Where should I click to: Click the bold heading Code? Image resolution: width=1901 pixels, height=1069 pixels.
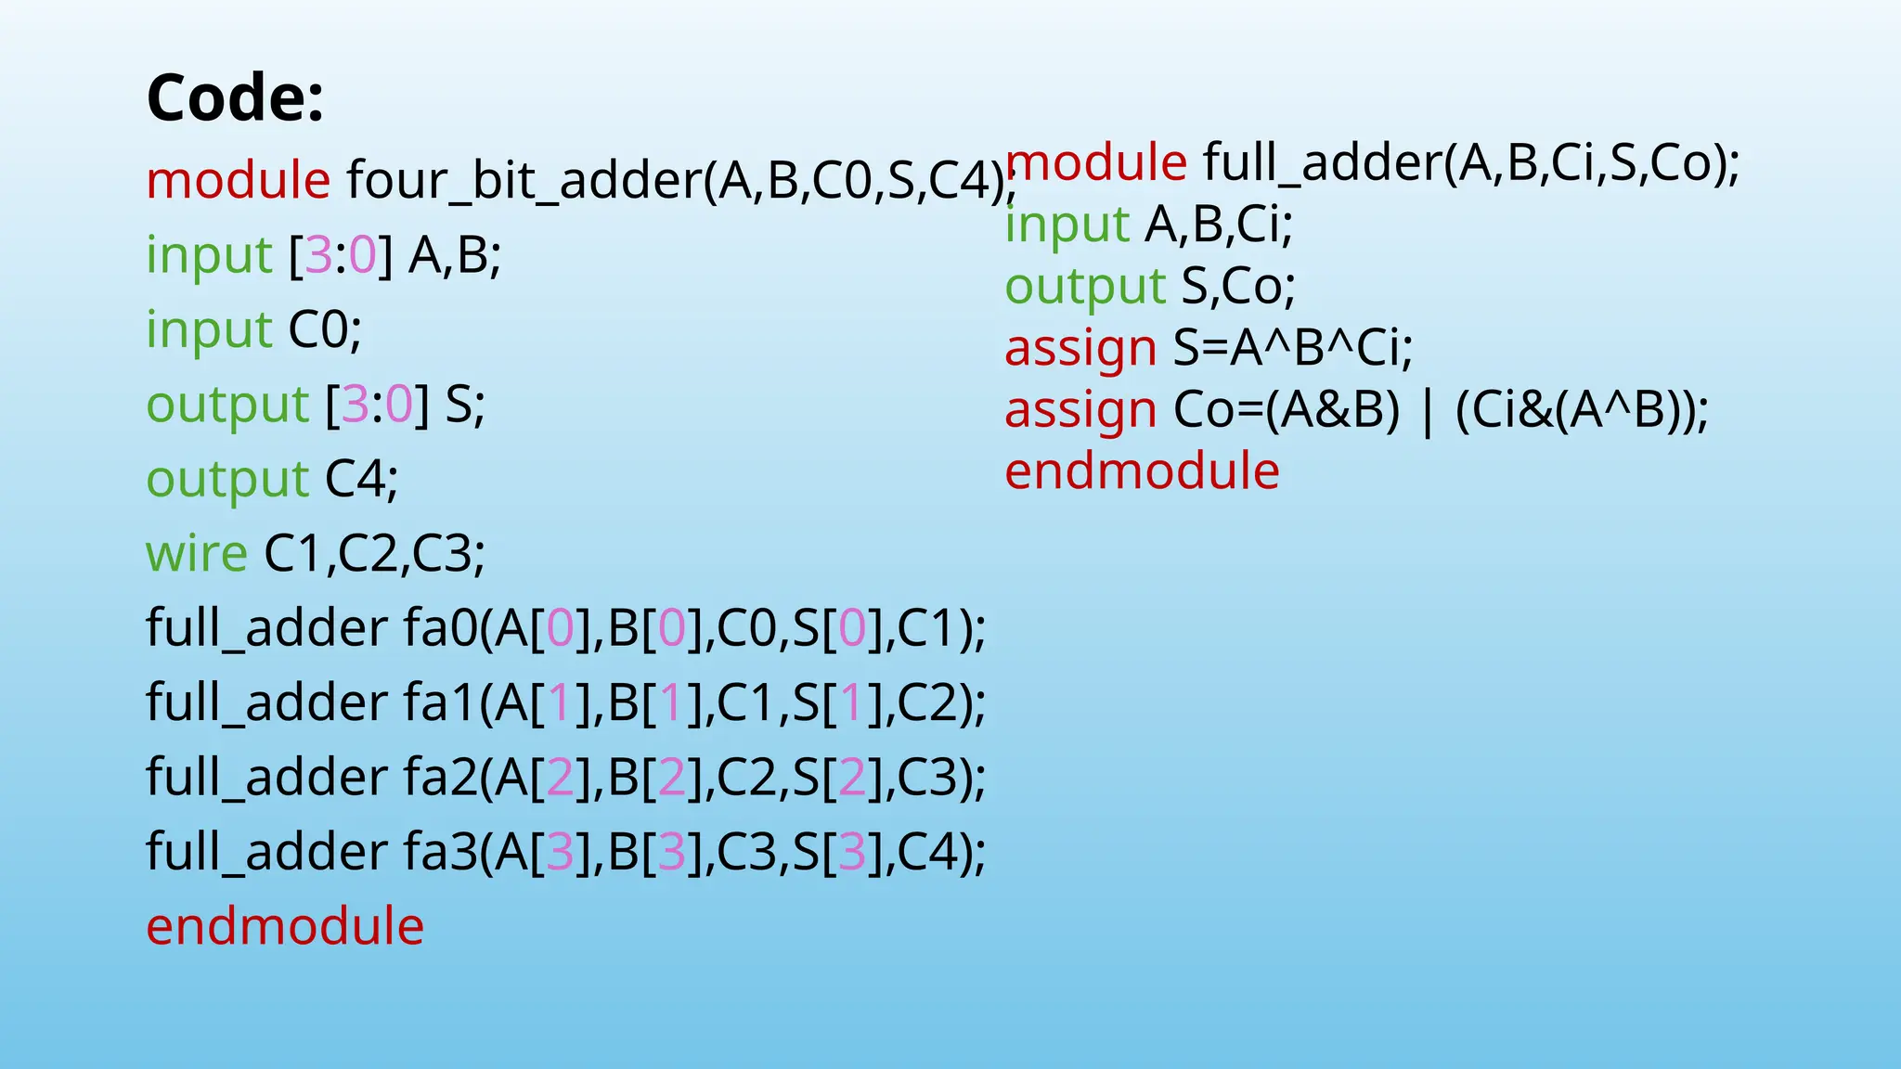(235, 97)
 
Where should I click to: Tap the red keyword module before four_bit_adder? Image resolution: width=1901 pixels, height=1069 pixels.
(238, 180)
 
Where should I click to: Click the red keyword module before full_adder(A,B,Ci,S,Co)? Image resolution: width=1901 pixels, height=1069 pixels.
(1096, 162)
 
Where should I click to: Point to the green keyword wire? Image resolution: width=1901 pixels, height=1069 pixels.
(197, 553)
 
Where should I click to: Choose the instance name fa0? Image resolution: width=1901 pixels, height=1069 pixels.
(440, 628)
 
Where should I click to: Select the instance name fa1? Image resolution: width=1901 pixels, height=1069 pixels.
(440, 702)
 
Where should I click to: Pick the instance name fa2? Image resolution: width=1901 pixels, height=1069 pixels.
(440, 777)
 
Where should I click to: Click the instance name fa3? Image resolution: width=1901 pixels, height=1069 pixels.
(440, 852)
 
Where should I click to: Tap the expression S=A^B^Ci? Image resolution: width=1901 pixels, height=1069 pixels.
(1292, 348)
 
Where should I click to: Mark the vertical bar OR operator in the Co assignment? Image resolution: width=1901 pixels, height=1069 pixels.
(1427, 411)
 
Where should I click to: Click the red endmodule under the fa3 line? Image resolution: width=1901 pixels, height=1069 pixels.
(285, 926)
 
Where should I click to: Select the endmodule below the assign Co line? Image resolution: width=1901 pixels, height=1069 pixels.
(1142, 471)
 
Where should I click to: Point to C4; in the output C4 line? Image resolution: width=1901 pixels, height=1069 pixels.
(361, 479)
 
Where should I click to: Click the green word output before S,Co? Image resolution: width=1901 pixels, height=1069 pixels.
(1085, 287)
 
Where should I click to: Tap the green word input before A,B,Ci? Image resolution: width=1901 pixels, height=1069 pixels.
(1067, 225)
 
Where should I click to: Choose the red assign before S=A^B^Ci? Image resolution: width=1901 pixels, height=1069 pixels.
(1080, 349)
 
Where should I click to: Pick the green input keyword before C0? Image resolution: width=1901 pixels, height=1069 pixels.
(209, 329)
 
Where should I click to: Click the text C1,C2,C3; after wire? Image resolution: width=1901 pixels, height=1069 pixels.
(374, 553)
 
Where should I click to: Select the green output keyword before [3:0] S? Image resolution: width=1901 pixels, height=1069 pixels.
(227, 405)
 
